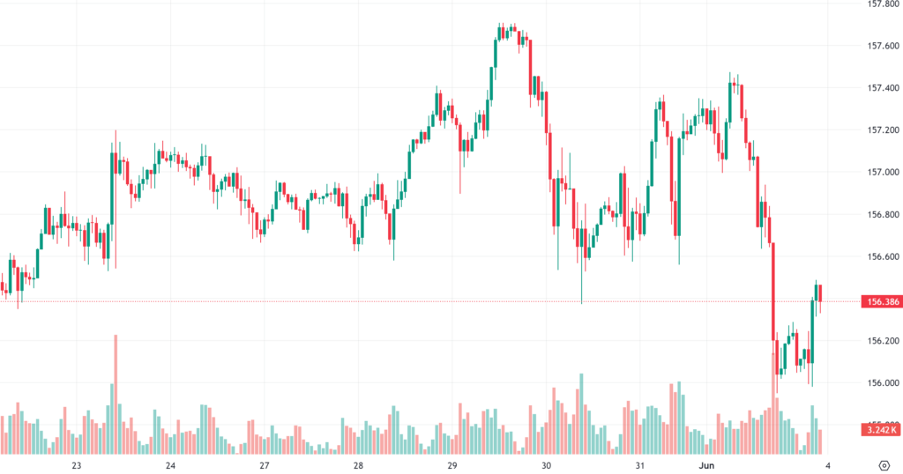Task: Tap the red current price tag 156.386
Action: (x=883, y=301)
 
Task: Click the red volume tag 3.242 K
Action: (x=883, y=430)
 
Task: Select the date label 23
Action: (x=77, y=464)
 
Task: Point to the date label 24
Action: (x=170, y=464)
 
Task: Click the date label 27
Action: (x=264, y=464)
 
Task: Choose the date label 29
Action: (x=451, y=464)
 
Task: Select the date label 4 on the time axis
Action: (x=827, y=464)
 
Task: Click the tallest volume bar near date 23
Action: (x=115, y=394)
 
